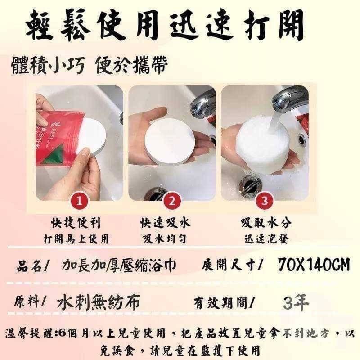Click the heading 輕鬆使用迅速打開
click(x=165, y=25)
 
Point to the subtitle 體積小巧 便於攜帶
click(x=90, y=65)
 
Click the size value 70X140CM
click(x=314, y=264)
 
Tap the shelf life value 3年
click(x=296, y=301)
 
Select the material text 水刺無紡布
click(x=98, y=301)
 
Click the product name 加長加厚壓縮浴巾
click(x=119, y=265)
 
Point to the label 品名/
click(x=32, y=265)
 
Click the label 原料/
click(x=30, y=301)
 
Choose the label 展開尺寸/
click(x=232, y=265)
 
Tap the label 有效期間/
click(x=223, y=303)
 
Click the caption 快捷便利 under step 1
click(x=76, y=223)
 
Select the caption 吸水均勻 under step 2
click(x=165, y=239)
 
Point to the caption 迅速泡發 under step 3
click(x=266, y=239)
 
